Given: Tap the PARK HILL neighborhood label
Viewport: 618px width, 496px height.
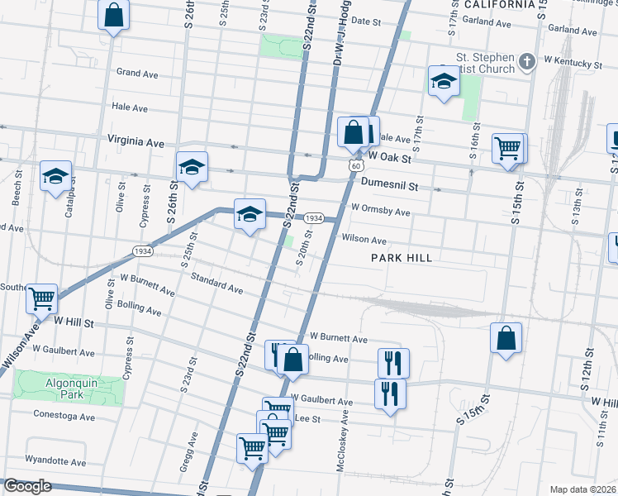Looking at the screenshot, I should [402, 258].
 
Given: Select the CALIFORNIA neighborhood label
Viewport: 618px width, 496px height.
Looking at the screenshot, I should [499, 4].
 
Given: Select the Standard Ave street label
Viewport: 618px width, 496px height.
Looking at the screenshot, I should [217, 284].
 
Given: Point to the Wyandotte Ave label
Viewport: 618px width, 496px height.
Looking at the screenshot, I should [55, 462].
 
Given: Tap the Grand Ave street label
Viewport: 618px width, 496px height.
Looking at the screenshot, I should [137, 74].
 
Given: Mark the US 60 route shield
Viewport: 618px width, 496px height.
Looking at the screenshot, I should [354, 165].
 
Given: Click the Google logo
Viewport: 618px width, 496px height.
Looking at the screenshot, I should [27, 487].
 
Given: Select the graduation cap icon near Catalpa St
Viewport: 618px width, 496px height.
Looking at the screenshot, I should [56, 177].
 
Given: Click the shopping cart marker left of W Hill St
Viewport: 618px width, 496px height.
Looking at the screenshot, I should [42, 298].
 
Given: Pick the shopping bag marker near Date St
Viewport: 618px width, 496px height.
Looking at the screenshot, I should [114, 14].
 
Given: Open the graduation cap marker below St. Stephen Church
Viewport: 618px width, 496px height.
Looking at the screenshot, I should [444, 82].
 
